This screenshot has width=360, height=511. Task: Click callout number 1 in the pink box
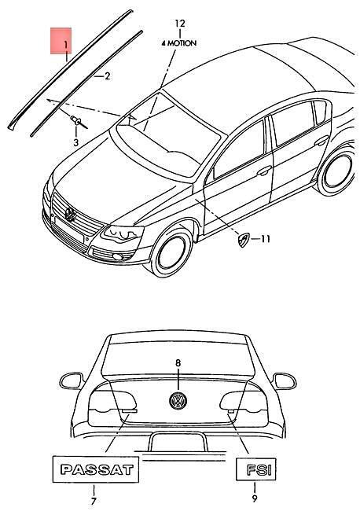pos(65,44)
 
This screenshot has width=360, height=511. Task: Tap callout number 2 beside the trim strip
pos(107,76)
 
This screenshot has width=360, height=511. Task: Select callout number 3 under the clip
pos(76,142)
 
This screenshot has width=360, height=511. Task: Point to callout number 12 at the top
pos(180,24)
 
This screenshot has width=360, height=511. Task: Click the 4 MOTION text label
pos(179,43)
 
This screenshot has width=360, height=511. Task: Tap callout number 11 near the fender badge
pos(266,239)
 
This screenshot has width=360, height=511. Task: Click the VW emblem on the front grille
pos(70,214)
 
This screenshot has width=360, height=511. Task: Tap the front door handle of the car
pos(264,170)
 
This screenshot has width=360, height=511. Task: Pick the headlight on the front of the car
pos(123,233)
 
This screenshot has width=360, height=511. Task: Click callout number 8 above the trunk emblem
pos(178,362)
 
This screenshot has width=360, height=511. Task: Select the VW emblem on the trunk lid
pos(178,400)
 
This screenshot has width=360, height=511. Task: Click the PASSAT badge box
pos(96,469)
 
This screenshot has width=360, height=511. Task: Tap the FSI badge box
pos(255,469)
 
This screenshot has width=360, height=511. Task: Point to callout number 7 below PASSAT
pos(94,502)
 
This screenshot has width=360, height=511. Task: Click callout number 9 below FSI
pos(255,498)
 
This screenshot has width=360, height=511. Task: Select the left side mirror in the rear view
pos(71,380)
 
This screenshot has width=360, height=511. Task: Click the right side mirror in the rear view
pos(285,380)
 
